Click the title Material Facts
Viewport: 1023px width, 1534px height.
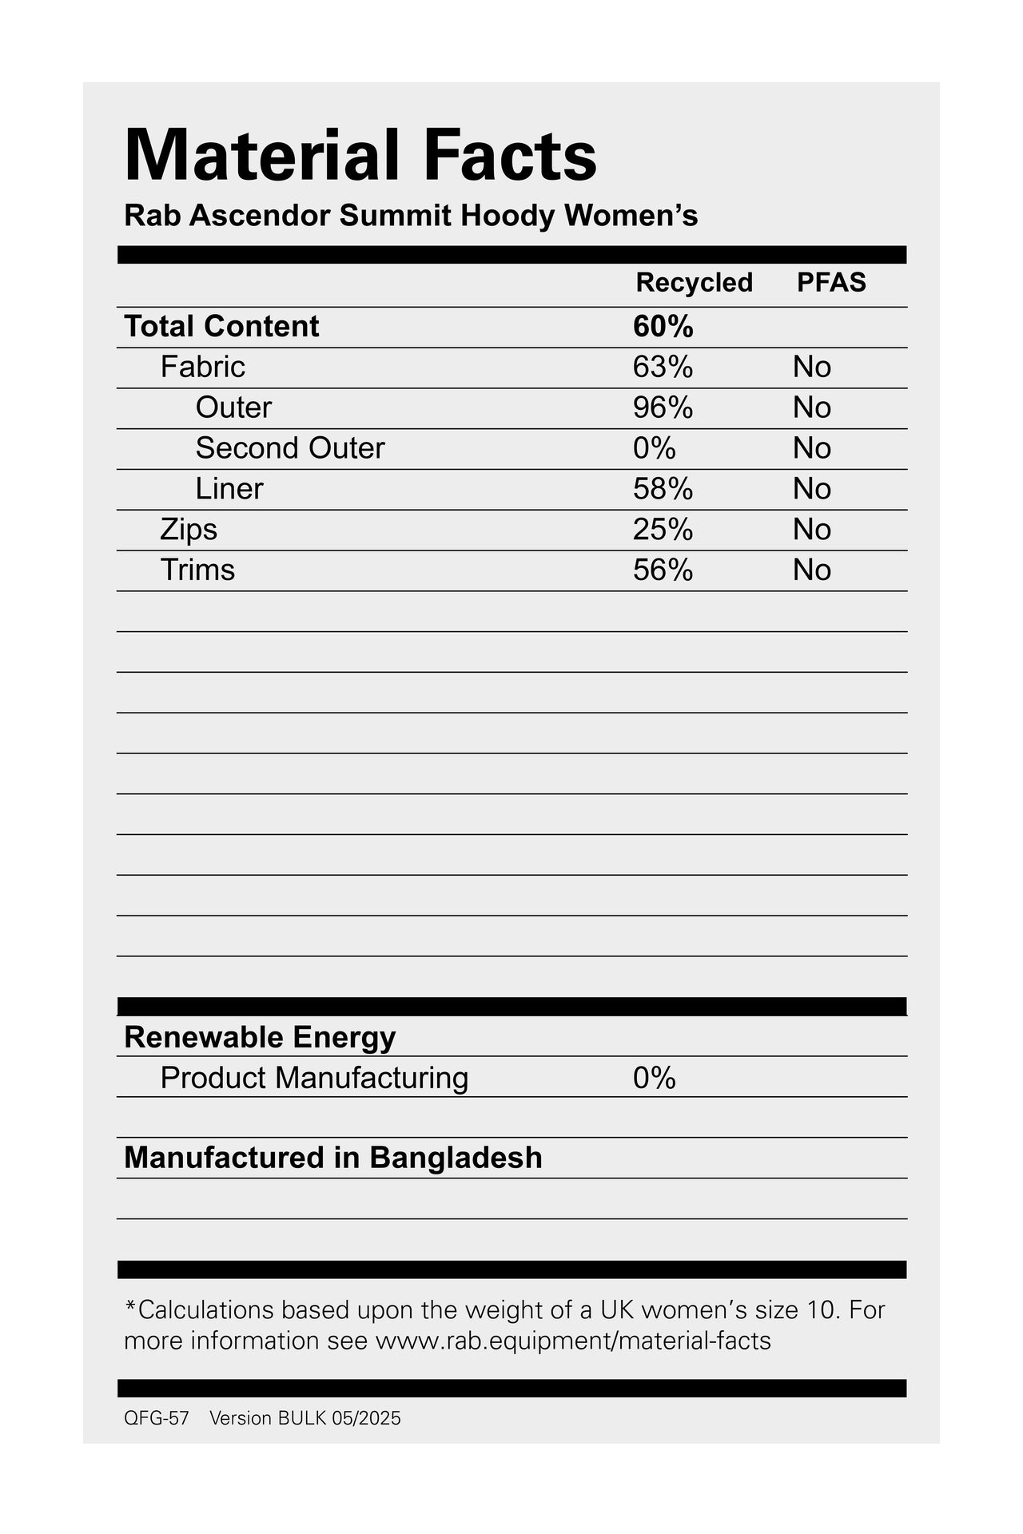(x=360, y=155)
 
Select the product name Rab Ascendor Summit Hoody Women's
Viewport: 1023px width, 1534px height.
(x=411, y=216)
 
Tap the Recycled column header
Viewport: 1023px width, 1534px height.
(x=694, y=283)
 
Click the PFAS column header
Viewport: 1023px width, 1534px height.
(x=831, y=283)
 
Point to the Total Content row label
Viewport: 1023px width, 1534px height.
(x=221, y=327)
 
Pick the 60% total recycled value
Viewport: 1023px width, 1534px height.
(x=663, y=327)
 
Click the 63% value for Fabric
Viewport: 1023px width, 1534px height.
(x=663, y=368)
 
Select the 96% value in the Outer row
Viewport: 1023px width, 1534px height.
(x=663, y=408)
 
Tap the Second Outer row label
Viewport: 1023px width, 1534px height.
(x=290, y=448)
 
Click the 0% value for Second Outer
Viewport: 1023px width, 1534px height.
(x=654, y=448)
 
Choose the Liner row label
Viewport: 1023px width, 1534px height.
(x=229, y=489)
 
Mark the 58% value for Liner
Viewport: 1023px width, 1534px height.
(x=663, y=489)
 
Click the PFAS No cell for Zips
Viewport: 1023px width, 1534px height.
(x=812, y=530)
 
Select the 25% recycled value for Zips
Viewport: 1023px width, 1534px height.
(x=663, y=530)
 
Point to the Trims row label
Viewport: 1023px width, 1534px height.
(x=197, y=570)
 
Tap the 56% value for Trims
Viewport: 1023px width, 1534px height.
(x=663, y=570)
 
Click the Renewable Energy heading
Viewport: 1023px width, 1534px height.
(x=260, y=1037)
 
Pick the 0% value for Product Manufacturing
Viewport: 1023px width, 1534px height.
(x=654, y=1079)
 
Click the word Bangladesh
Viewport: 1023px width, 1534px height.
(x=456, y=1158)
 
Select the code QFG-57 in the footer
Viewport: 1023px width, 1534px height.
(x=157, y=1418)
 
